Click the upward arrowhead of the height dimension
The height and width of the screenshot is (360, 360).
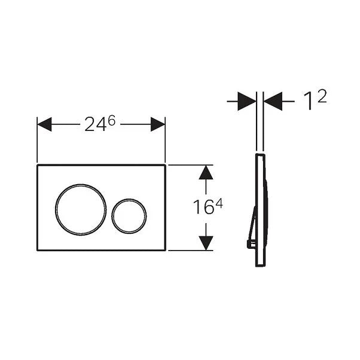[206, 173]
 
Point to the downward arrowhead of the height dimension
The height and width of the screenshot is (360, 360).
[206, 242]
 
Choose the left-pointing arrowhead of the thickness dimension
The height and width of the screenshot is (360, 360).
[273, 102]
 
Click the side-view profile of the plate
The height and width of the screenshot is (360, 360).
[261, 209]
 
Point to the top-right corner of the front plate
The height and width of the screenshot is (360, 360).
[164, 166]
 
